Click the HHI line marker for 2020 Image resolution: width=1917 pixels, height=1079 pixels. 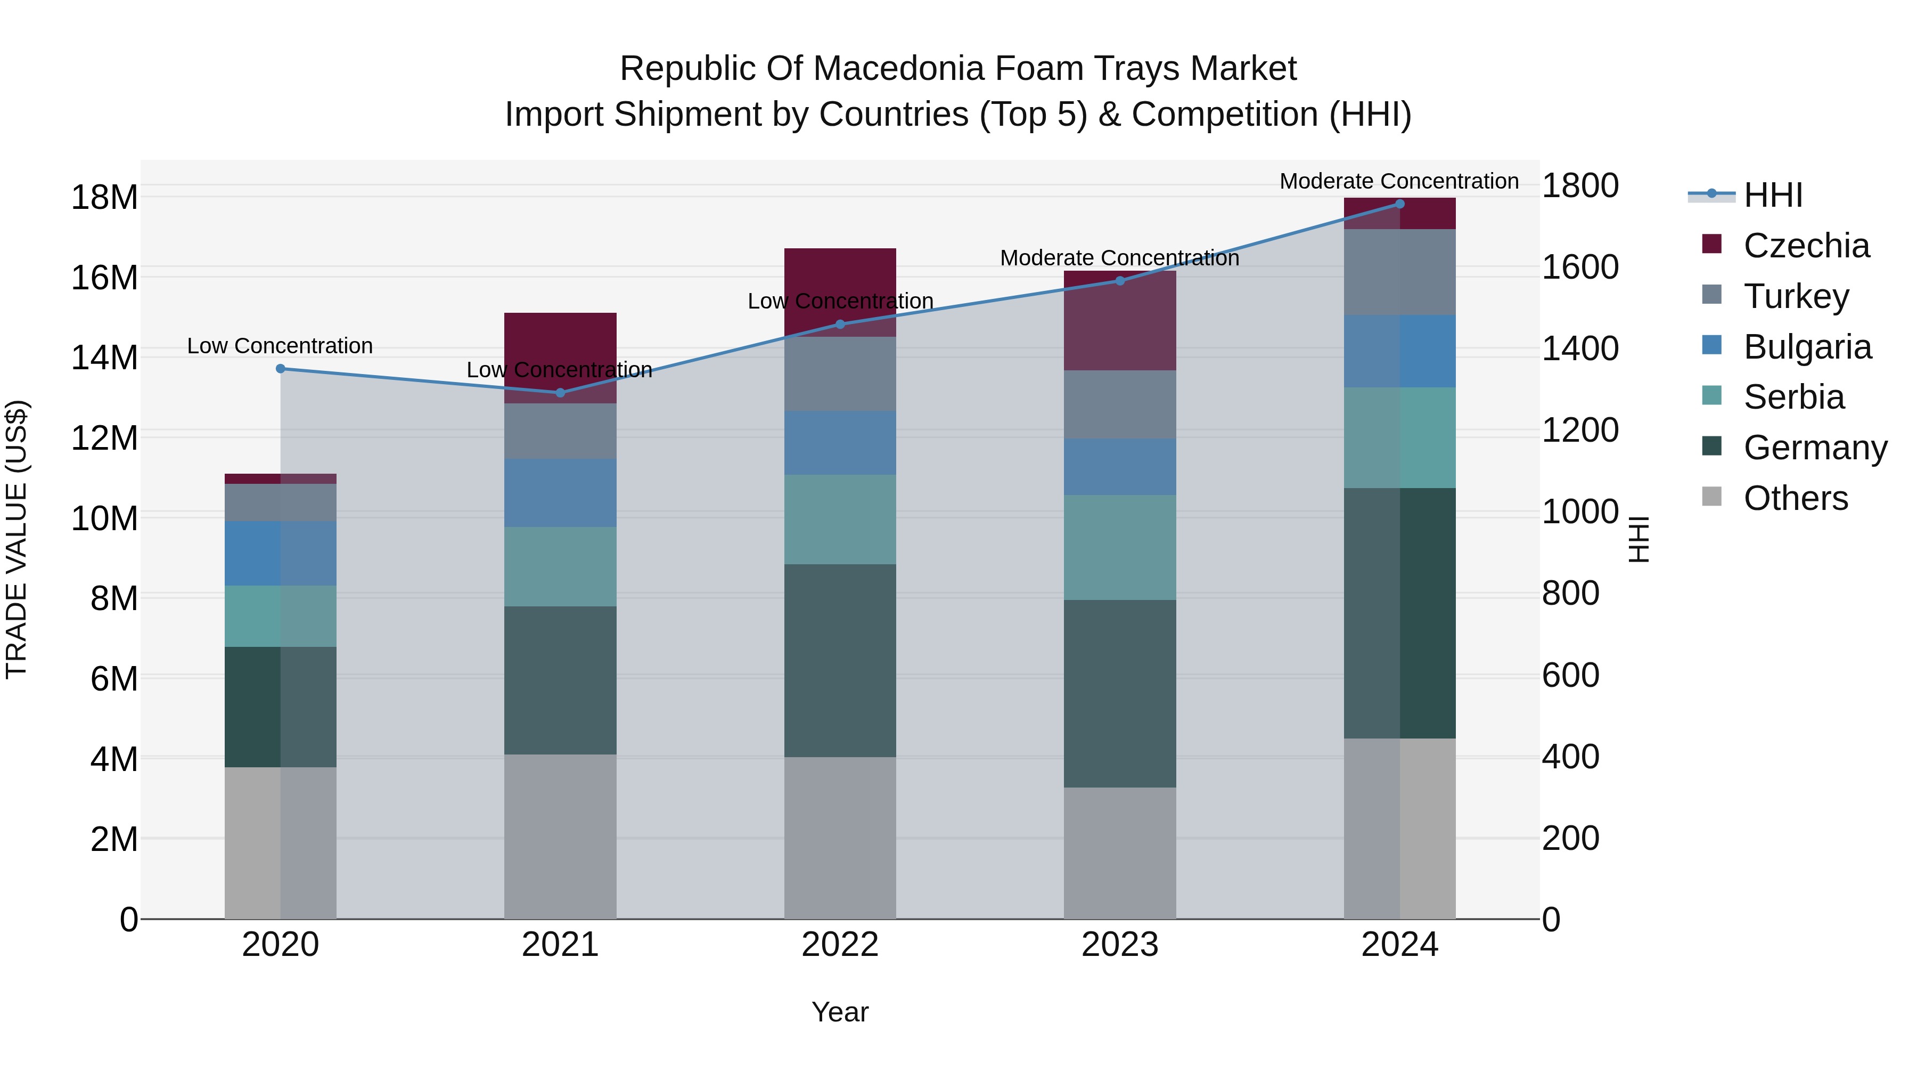pos(281,369)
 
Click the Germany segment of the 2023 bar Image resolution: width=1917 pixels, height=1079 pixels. pos(1119,693)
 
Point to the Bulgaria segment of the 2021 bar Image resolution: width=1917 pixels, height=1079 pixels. pos(560,493)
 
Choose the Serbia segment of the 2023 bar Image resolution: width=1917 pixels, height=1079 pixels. pos(1119,547)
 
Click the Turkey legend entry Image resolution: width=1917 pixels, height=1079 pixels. pos(1796,296)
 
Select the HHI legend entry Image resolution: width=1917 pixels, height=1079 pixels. pos(1773,195)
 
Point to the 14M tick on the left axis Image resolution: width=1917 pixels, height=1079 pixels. pos(104,358)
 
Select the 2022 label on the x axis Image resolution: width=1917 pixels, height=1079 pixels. pos(840,945)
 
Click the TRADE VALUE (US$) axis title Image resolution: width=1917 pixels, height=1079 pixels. pos(17,539)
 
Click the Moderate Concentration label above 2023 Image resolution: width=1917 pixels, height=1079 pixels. pos(1119,258)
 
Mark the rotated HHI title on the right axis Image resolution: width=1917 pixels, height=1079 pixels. pos(1638,539)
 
